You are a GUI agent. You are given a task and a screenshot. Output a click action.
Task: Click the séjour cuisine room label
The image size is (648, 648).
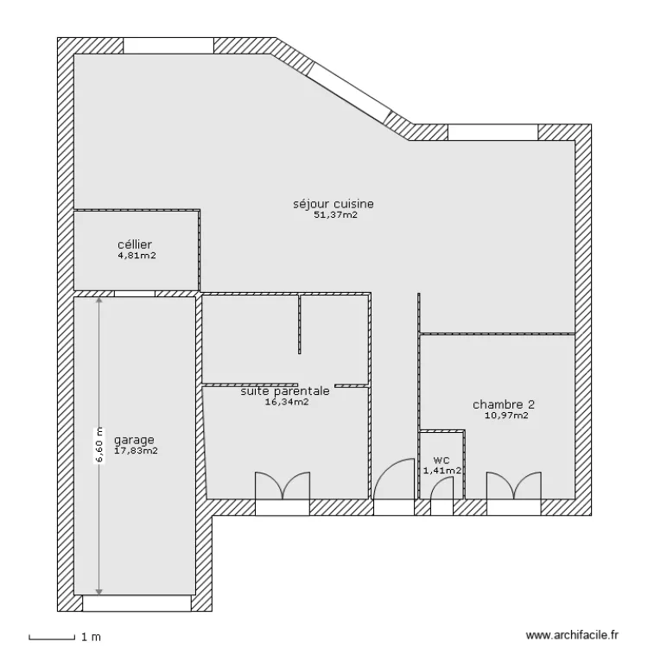click(333, 205)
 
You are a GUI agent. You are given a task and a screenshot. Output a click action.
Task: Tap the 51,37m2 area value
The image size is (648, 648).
click(335, 216)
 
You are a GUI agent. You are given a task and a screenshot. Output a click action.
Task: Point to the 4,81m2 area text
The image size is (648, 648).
click(136, 256)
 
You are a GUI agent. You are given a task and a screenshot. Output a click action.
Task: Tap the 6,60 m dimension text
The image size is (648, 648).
click(98, 446)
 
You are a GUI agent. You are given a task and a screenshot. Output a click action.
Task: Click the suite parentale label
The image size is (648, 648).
click(285, 391)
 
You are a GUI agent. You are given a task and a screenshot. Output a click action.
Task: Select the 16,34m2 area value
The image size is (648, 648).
click(286, 402)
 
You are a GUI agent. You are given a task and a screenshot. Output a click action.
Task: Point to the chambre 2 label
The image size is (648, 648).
click(504, 404)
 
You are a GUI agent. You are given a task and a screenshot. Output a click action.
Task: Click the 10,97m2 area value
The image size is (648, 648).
click(506, 416)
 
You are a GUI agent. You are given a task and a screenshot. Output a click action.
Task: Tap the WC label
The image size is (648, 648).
click(442, 460)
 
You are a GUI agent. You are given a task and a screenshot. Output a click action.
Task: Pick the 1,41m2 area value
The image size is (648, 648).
click(442, 471)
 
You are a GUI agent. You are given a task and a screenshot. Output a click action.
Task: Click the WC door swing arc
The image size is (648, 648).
click(442, 487)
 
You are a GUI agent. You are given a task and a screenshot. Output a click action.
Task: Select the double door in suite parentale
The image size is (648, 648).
click(283, 486)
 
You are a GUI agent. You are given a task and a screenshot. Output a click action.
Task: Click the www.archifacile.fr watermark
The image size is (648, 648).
click(573, 634)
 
